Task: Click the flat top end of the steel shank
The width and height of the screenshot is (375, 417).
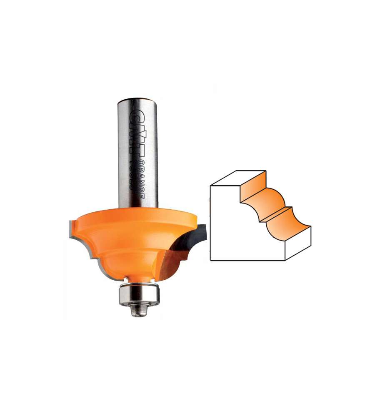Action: coord(137,99)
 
